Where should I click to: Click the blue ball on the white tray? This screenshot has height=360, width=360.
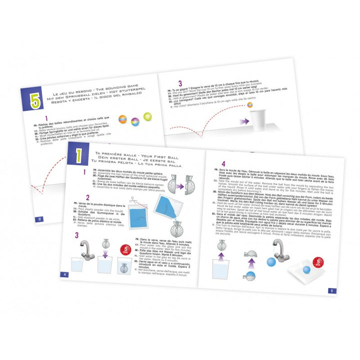coord(306,270)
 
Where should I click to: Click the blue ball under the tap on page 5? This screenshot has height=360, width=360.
coord(271,262)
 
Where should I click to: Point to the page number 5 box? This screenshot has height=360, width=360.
coord(332,290)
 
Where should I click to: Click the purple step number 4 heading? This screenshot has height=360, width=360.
coord(223,163)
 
